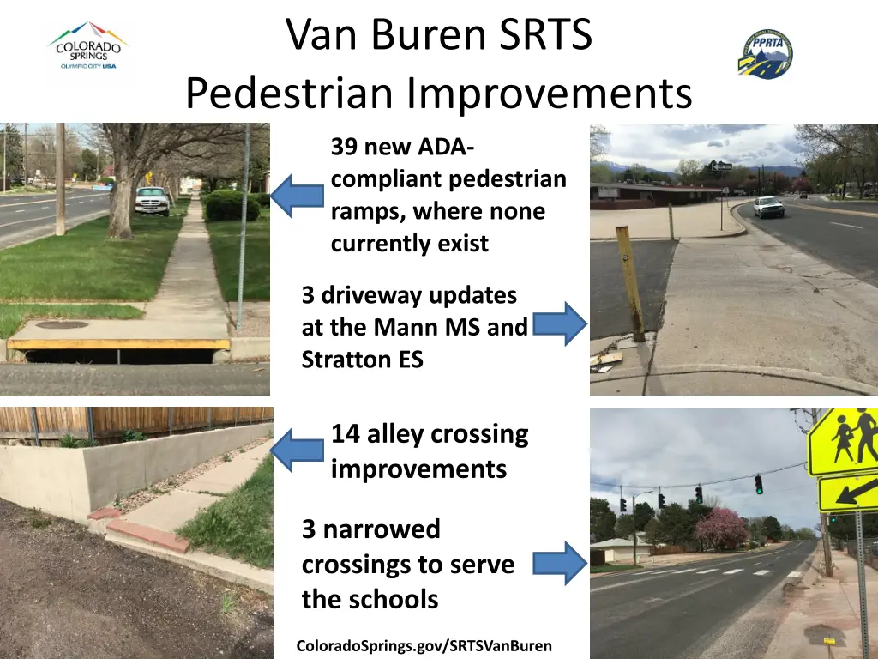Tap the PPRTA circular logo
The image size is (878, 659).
pos(765,54)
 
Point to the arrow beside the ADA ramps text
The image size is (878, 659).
pos(297,196)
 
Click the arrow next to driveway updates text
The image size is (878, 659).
pos(560,323)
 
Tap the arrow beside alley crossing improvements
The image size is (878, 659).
pos(297,450)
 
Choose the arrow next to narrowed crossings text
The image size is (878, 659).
pos(560,563)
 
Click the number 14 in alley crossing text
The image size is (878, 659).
pos(346,434)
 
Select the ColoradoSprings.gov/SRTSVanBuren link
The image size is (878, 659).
pos(424,646)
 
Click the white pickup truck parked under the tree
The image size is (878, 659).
pos(152,200)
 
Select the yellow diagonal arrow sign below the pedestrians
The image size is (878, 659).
pos(848,493)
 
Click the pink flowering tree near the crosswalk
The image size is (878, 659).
pos(720,529)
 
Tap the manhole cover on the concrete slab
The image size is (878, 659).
pos(62,324)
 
